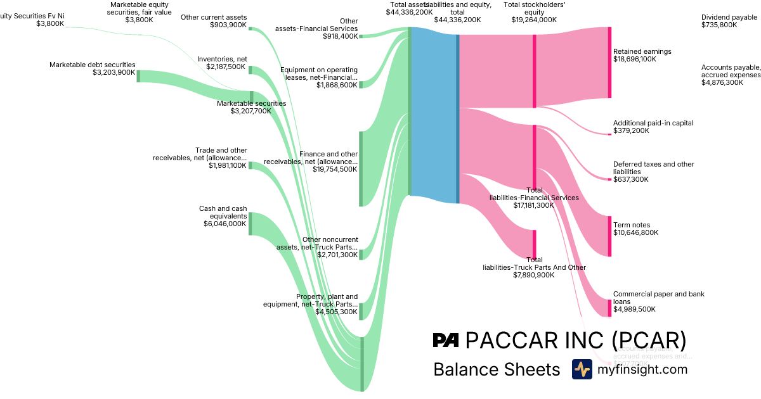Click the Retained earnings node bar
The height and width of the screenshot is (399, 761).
tap(609, 62)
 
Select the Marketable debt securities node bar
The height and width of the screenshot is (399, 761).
tap(138, 76)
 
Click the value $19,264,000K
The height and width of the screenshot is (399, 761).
tap(534, 20)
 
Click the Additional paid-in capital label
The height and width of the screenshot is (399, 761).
tap(653, 123)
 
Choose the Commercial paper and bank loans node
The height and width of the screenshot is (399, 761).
tap(609, 307)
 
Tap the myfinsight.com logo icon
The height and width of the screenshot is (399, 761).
tap(582, 369)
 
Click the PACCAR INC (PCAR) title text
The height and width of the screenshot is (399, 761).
tap(576, 341)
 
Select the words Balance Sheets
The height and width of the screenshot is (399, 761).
tap(497, 369)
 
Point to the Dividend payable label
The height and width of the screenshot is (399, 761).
tap(729, 17)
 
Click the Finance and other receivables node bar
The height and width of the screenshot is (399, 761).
tap(361, 168)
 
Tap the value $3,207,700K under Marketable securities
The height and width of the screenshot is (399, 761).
tap(251, 111)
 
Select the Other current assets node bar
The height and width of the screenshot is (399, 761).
tap(250, 28)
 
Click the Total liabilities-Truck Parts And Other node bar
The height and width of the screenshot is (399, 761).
tap(535, 244)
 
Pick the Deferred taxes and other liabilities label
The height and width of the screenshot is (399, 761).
tap(653, 168)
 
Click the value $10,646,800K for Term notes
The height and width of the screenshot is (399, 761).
tap(635, 232)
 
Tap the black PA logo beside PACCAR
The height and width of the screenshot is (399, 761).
tap(446, 341)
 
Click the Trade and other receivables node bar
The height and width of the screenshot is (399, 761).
tap(250, 165)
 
